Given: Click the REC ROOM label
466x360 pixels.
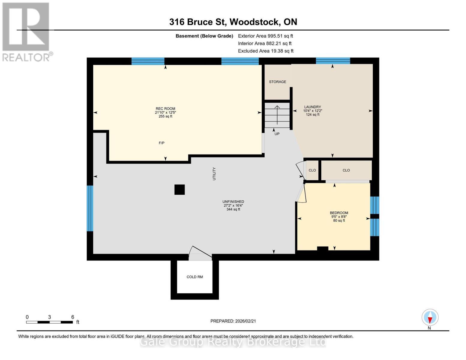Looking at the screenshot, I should (x=165, y=109).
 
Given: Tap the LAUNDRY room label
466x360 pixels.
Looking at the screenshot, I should (x=312, y=107).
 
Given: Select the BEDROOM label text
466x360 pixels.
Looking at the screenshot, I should (x=339, y=213).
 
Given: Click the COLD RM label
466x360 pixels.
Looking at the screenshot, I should (x=195, y=277).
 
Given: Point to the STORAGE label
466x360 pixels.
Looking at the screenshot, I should (x=277, y=82).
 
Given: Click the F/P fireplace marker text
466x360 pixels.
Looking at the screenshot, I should (x=161, y=143).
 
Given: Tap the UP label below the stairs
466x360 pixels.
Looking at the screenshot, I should (x=277, y=134).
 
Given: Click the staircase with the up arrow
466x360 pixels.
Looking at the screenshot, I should (x=277, y=115).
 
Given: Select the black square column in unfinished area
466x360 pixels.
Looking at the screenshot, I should (x=179, y=190).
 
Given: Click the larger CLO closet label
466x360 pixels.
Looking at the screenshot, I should (x=346, y=170).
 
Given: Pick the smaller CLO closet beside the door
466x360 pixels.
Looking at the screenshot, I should (x=312, y=170).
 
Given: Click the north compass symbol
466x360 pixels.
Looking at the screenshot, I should (x=430, y=317).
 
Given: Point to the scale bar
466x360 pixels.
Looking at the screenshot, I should (x=50, y=322).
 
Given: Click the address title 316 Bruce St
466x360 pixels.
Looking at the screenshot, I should (x=233, y=22).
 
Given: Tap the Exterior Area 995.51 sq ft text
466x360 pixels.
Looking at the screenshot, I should (x=265, y=36).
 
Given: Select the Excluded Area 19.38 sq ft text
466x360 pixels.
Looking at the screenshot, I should (x=266, y=51).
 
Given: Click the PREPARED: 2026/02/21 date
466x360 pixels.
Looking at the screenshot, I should (x=233, y=321).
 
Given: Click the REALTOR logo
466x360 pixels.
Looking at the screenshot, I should (x=26, y=31).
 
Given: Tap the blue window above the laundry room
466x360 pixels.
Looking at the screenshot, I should (x=333, y=61).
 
